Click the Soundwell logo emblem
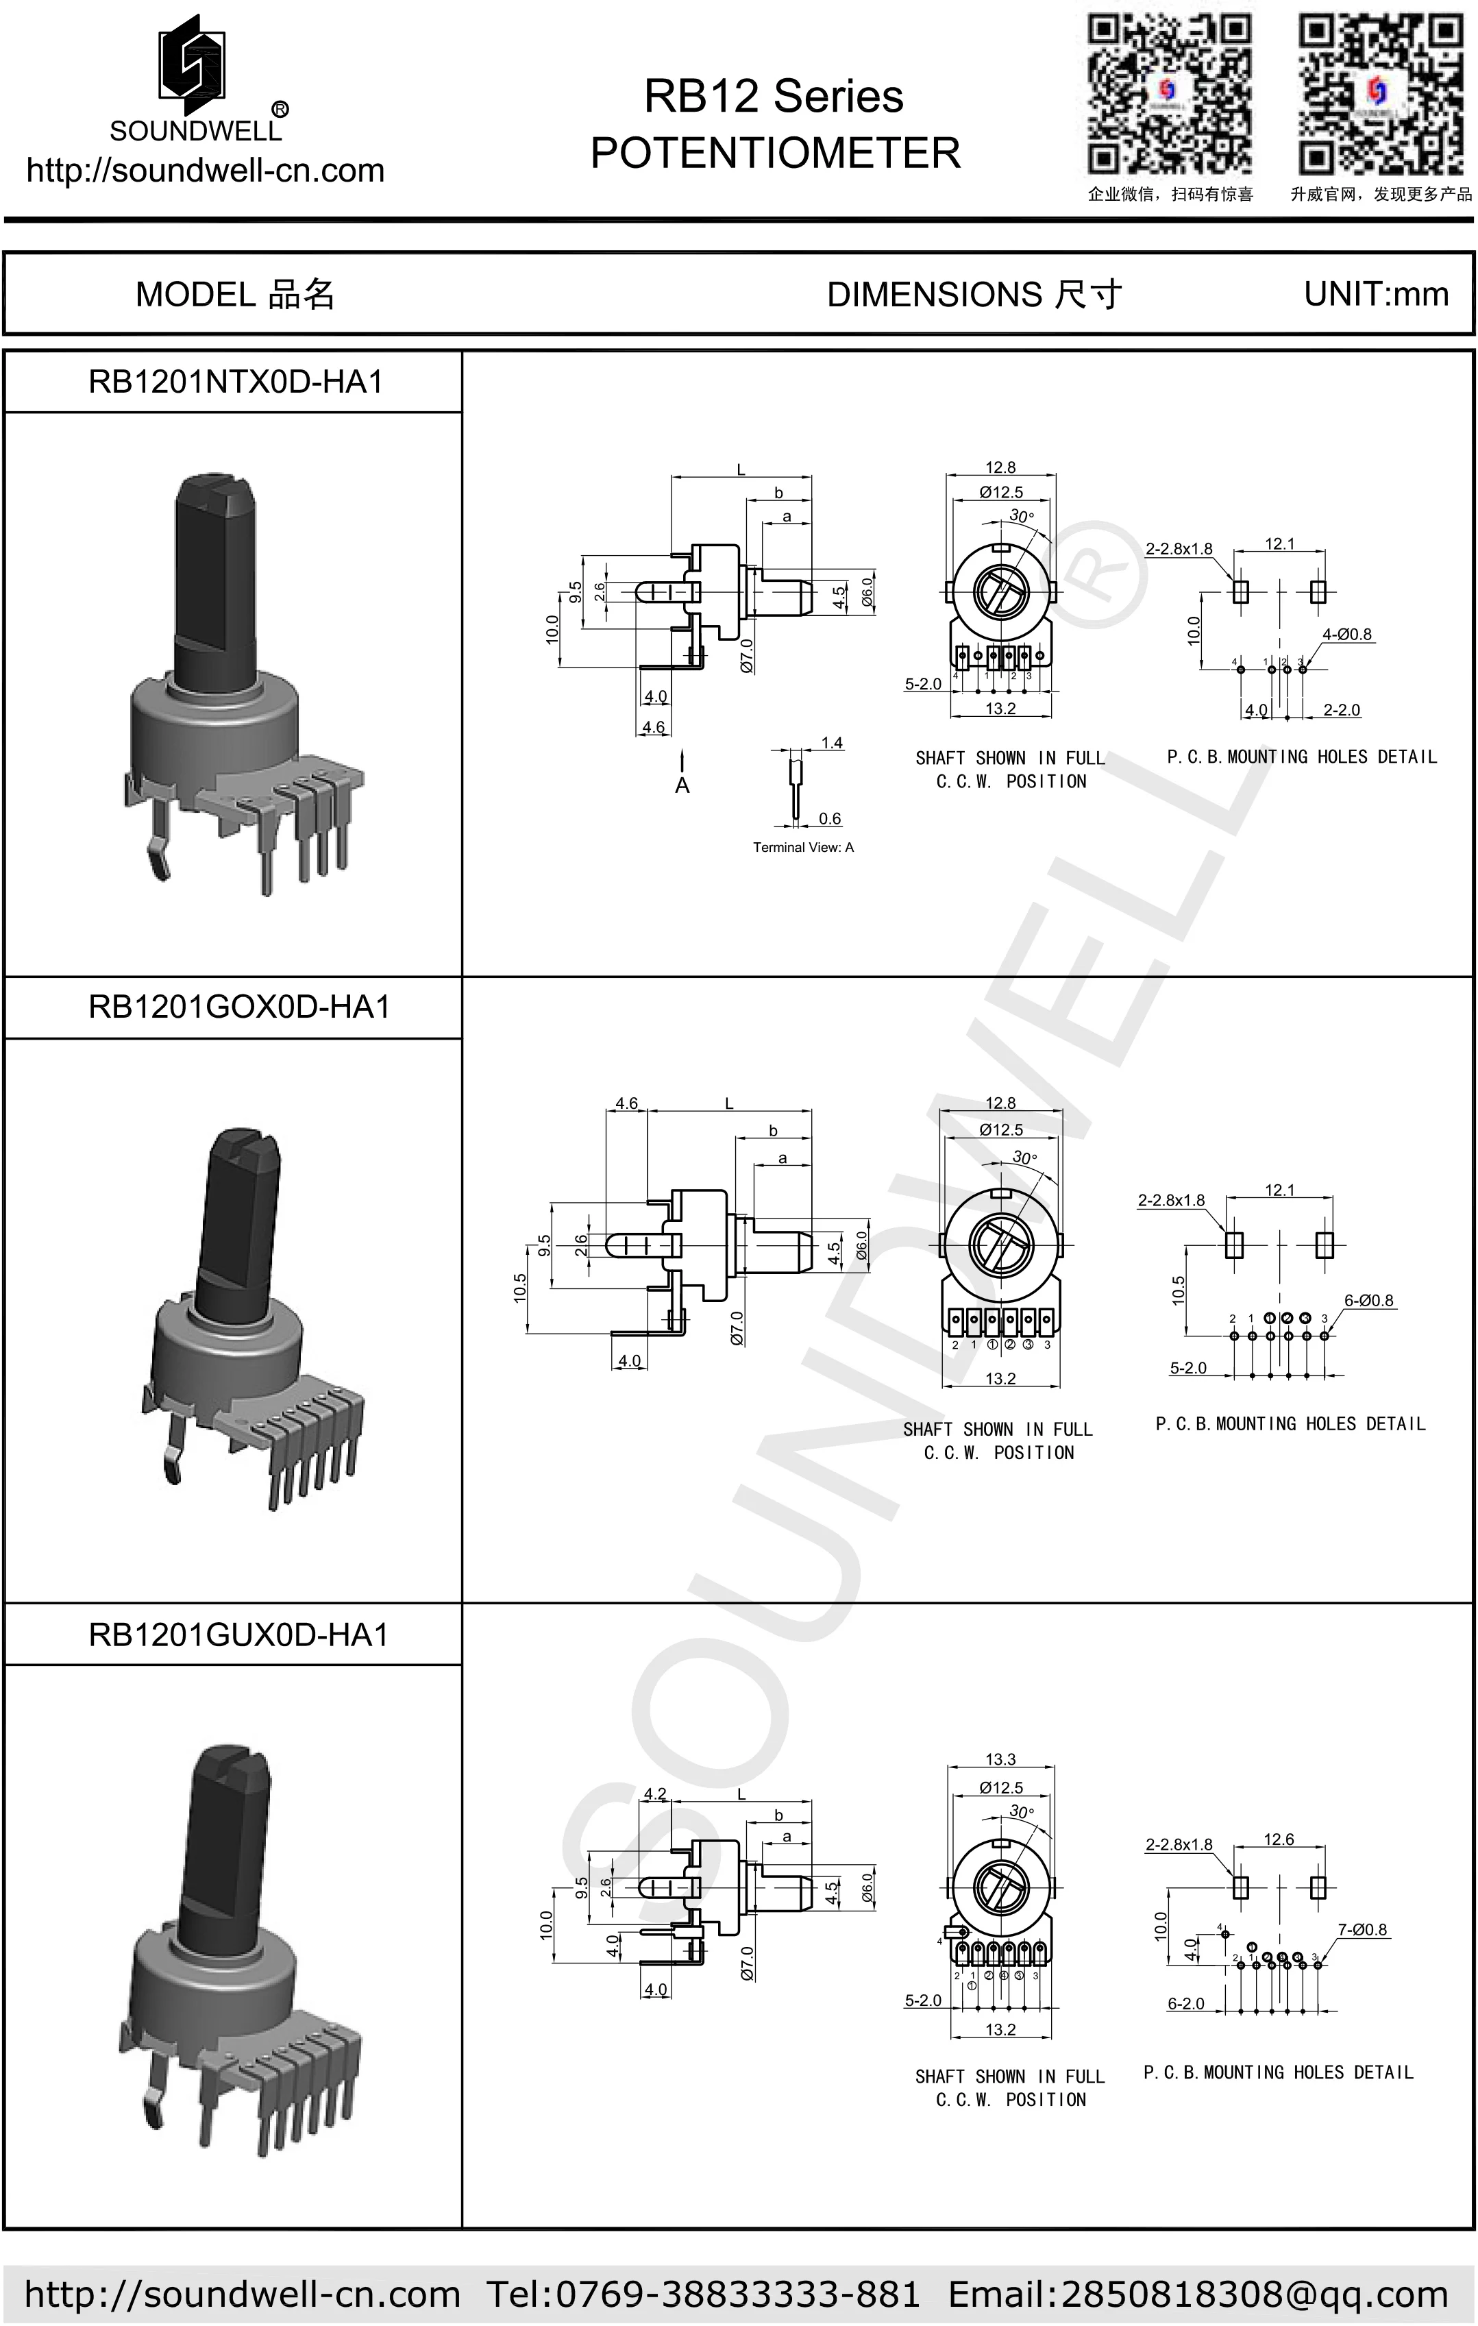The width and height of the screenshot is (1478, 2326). pos(193,60)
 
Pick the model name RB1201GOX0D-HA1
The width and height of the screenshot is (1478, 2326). pos(238,1007)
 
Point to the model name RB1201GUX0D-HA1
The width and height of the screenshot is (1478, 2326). pos(238,1635)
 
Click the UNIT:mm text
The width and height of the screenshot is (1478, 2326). pos(1376,293)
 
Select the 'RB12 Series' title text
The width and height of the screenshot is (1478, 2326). pos(774,97)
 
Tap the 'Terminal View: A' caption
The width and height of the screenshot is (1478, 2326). pos(803,847)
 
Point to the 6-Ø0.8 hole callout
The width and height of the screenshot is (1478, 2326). pos(1369,1300)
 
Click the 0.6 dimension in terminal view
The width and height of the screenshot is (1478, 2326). pos(830,818)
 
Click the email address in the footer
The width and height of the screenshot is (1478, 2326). pos(1198,2294)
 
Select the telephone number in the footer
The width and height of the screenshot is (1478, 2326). pos(703,2294)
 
